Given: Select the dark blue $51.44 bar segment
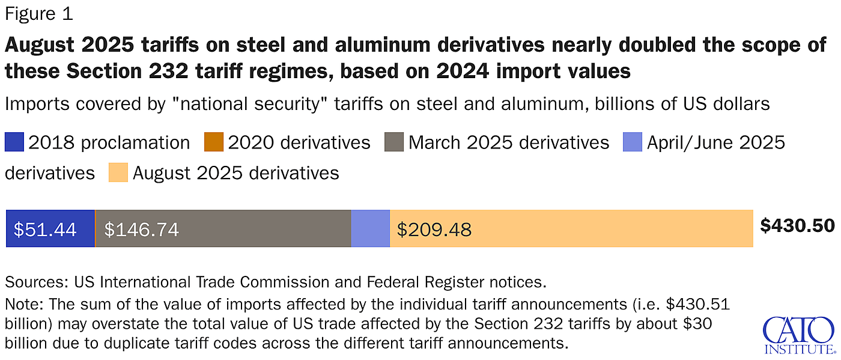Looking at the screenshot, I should [x=50, y=228].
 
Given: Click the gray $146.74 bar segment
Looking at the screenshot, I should [x=222, y=228].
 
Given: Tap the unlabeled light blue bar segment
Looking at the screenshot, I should [x=370, y=228].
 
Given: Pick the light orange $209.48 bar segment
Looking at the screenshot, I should [x=571, y=228].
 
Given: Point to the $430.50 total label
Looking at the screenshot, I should [x=797, y=225].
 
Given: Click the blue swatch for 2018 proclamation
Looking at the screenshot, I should [x=14, y=142].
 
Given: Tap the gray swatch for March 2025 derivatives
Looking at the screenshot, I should [x=394, y=142].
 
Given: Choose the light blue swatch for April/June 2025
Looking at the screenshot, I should [x=633, y=142].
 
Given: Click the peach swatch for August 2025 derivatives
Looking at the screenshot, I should [x=118, y=173].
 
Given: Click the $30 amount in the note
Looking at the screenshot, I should [x=699, y=324].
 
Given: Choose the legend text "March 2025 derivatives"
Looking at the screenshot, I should [x=509, y=142].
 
